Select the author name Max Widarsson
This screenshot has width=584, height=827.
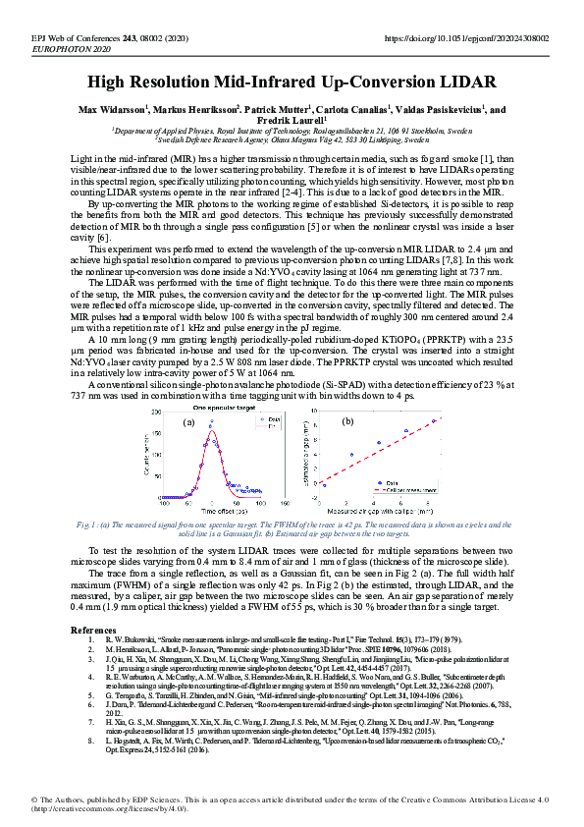111,110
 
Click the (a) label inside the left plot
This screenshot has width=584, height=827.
188,422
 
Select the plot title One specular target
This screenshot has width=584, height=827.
227,407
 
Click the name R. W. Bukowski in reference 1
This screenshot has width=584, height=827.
127,639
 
